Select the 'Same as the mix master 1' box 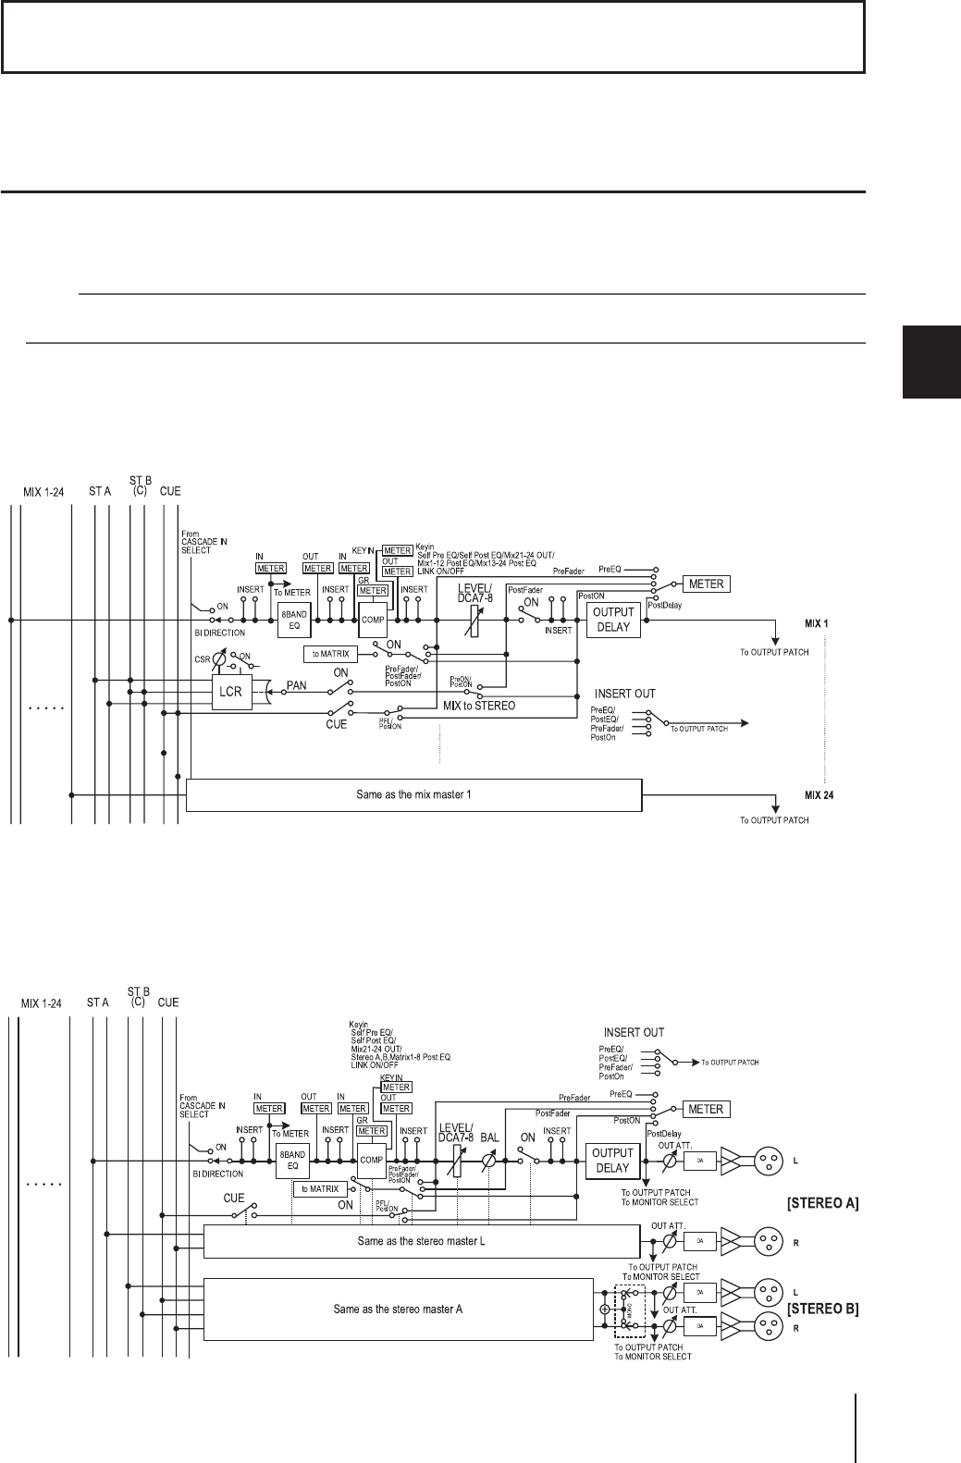(x=413, y=795)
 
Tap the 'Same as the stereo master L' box (x=421, y=1240)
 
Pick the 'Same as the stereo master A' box (x=398, y=1309)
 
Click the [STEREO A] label (x=822, y=1203)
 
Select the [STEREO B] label (x=822, y=1309)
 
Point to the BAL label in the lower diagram (x=490, y=1136)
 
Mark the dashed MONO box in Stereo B (x=629, y=1309)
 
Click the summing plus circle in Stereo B (x=605, y=1309)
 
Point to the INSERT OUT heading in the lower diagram (x=635, y=1031)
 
